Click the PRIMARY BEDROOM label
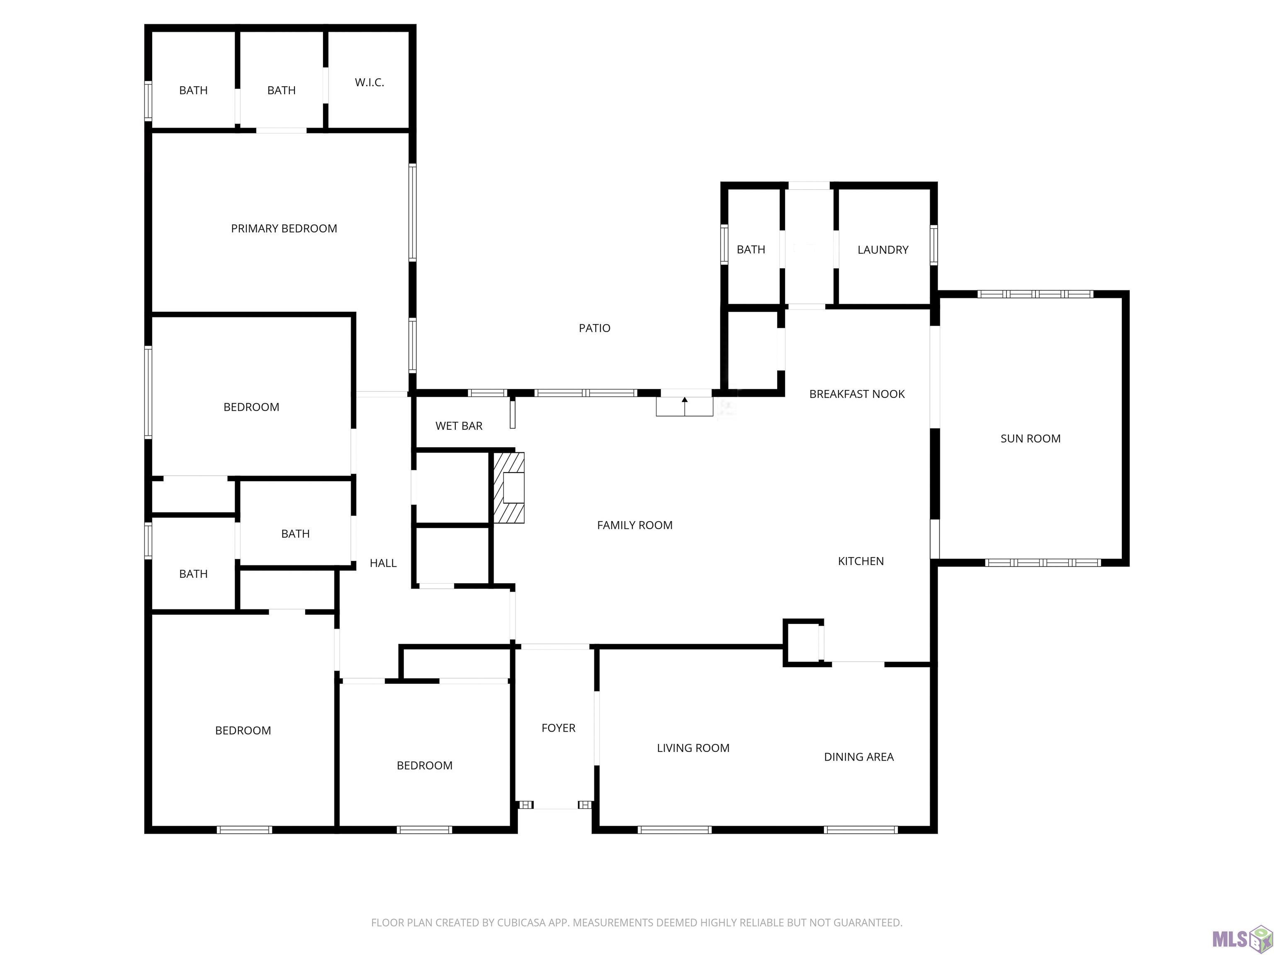(x=284, y=228)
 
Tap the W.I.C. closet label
(x=369, y=82)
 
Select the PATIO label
(x=594, y=328)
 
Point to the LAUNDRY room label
(x=883, y=250)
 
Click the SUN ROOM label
(x=1031, y=439)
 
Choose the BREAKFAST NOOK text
(x=857, y=394)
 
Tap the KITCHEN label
(x=861, y=561)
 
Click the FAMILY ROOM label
(x=635, y=525)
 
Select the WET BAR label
(x=459, y=426)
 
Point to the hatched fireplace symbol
(x=508, y=487)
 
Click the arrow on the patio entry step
(x=685, y=406)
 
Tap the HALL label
(x=383, y=564)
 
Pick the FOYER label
(x=559, y=728)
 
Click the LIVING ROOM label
(x=693, y=748)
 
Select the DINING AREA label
(x=859, y=757)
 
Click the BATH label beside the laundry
(x=751, y=250)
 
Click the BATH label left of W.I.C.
(x=282, y=90)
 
